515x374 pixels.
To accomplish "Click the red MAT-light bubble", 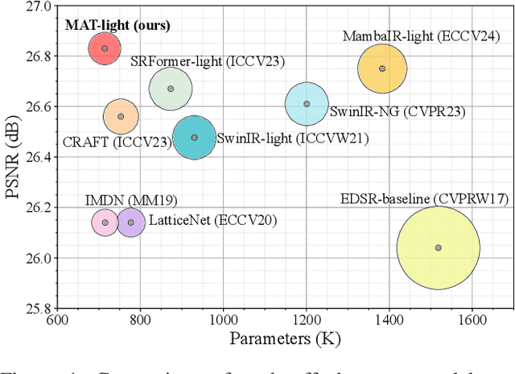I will (x=105, y=48).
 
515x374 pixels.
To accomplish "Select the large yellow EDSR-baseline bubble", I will (x=438, y=247).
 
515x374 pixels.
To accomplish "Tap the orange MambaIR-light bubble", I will (x=382, y=69).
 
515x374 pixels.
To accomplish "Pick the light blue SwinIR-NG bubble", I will (x=307, y=104).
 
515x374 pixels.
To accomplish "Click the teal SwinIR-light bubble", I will (x=194, y=137).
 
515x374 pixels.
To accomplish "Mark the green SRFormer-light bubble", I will (x=170, y=89).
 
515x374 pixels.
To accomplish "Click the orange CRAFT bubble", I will (x=122, y=117).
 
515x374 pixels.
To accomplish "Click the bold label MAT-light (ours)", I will (x=117, y=25).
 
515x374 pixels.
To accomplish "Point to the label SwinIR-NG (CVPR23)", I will (x=377, y=110).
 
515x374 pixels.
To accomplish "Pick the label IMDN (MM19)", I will (x=120, y=200).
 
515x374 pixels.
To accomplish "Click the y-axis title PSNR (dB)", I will (x=13, y=156).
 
